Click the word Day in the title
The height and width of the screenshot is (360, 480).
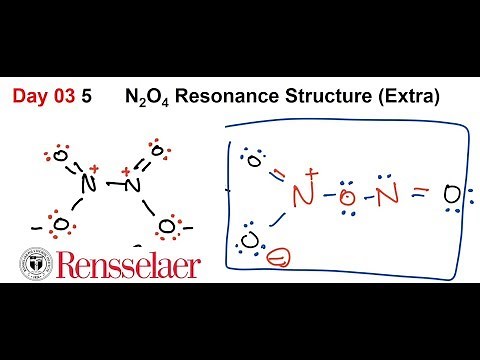point(31,98)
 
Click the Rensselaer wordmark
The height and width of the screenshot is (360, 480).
point(127,266)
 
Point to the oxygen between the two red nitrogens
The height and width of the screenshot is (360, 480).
point(346,195)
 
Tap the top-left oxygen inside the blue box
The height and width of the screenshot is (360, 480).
point(254,159)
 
